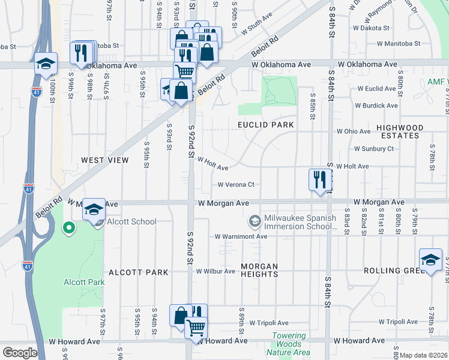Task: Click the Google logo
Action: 20,353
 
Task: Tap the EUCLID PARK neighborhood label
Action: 265,125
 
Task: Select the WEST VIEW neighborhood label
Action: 105,160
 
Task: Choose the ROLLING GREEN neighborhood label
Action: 393,271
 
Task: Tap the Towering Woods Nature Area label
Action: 291,344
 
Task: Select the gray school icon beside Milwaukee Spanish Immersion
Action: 255,222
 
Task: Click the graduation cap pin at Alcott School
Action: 94,210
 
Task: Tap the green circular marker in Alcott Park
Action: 69,227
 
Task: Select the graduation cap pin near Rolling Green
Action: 430,260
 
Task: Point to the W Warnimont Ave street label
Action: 241,236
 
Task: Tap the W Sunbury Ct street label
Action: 373,149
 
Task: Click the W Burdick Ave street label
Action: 376,106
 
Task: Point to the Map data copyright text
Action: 423,355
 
